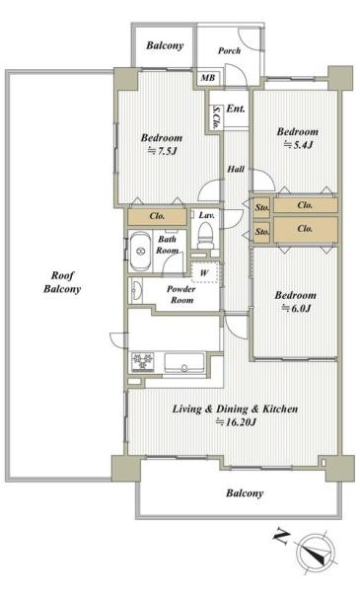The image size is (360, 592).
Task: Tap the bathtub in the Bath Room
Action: coord(140,251)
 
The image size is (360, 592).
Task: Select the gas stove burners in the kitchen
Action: coord(143,362)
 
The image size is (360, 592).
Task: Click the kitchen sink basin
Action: coord(184,363)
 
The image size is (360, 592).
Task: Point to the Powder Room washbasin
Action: coord(136,291)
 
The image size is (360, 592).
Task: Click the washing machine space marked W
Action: coord(205,272)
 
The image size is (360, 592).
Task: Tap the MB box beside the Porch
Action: coord(208,78)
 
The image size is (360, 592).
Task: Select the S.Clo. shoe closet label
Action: coord(216,117)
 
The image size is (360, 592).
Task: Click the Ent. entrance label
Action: coord(236,109)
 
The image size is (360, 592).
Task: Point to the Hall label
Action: coord(236,169)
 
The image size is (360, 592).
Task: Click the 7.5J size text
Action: coord(162,151)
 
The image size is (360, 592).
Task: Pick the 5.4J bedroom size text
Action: coord(298,145)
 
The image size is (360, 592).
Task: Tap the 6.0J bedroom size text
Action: coord(296,309)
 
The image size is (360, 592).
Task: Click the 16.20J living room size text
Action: coord(236,422)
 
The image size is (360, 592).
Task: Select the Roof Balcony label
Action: coord(62,282)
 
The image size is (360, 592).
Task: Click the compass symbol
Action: coord(316,551)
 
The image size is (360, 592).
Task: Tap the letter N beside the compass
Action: coord(281,537)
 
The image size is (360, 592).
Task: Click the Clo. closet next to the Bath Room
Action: coord(157,216)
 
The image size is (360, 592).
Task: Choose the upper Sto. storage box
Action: coord(262,207)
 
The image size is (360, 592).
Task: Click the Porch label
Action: coord(230,50)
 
